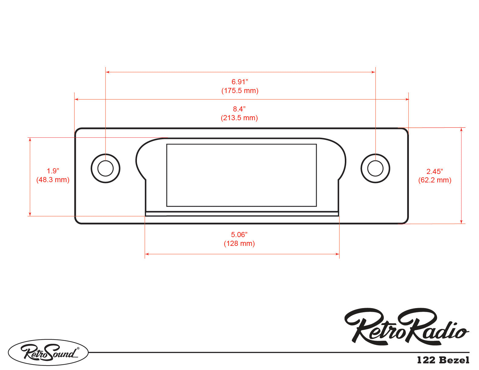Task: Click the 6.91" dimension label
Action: click(240, 82)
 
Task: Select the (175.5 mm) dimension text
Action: click(240, 91)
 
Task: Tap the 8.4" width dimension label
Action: click(239, 109)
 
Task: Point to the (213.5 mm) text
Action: click(239, 118)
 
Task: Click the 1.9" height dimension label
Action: click(53, 171)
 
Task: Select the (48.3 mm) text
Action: click(53, 180)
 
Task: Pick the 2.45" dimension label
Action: click(435, 172)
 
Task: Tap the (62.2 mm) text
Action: click(435, 180)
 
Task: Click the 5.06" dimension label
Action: click(239, 234)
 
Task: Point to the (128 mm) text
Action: click(239, 243)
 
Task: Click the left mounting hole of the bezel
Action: click(105, 169)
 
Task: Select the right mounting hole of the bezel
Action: click(375, 169)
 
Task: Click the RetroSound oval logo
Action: click(48, 352)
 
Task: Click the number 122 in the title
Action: click(426, 360)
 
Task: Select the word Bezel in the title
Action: click(454, 360)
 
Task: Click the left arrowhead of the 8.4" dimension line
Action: click(76, 99)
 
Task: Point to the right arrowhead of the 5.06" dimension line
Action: click(337, 254)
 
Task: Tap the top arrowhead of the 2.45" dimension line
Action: click(461, 129)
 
